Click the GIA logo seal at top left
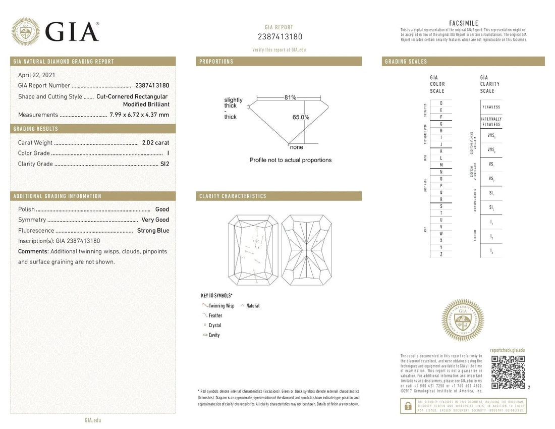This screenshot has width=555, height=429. [26, 32]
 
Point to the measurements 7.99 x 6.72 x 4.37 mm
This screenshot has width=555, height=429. [139, 115]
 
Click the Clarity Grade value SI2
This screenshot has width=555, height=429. [164, 164]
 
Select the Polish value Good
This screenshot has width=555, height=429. [162, 209]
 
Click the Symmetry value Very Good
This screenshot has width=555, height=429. [155, 220]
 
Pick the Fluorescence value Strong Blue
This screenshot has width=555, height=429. [153, 230]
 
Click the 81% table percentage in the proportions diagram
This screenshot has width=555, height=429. [290, 97]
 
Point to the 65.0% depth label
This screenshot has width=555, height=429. [301, 117]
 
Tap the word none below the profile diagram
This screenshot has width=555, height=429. [297, 147]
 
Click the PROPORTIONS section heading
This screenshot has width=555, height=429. [216, 62]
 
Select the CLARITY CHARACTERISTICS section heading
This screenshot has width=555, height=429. [233, 196]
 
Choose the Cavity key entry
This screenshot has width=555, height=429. [214, 335]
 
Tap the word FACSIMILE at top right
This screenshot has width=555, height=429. [463, 23]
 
